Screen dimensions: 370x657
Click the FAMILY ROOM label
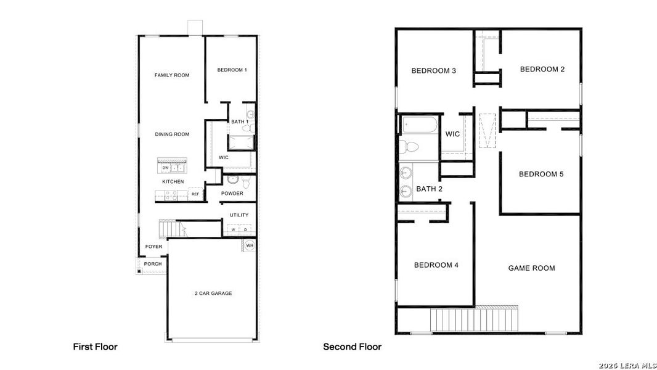(x=172, y=75)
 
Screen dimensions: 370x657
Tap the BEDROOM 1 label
(x=232, y=70)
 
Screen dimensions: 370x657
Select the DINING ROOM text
(x=172, y=134)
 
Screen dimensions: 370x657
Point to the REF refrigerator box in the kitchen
(x=195, y=194)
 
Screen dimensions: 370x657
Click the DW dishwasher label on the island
(x=165, y=168)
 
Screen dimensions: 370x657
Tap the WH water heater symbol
(x=250, y=245)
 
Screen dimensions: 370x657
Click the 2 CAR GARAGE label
(x=213, y=294)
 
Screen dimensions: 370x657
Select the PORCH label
(x=153, y=264)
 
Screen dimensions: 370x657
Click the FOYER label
(x=153, y=247)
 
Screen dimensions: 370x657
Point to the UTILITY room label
(x=239, y=215)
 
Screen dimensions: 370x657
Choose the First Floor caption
(x=95, y=347)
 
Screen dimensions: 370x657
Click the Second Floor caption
(x=352, y=347)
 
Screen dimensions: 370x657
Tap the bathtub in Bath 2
(x=420, y=127)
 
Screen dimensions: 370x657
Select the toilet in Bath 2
(x=409, y=147)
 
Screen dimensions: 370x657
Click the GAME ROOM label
(x=531, y=268)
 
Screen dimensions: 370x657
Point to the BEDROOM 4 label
(x=436, y=265)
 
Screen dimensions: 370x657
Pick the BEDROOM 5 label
(x=541, y=174)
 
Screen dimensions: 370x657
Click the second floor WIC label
(x=452, y=134)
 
